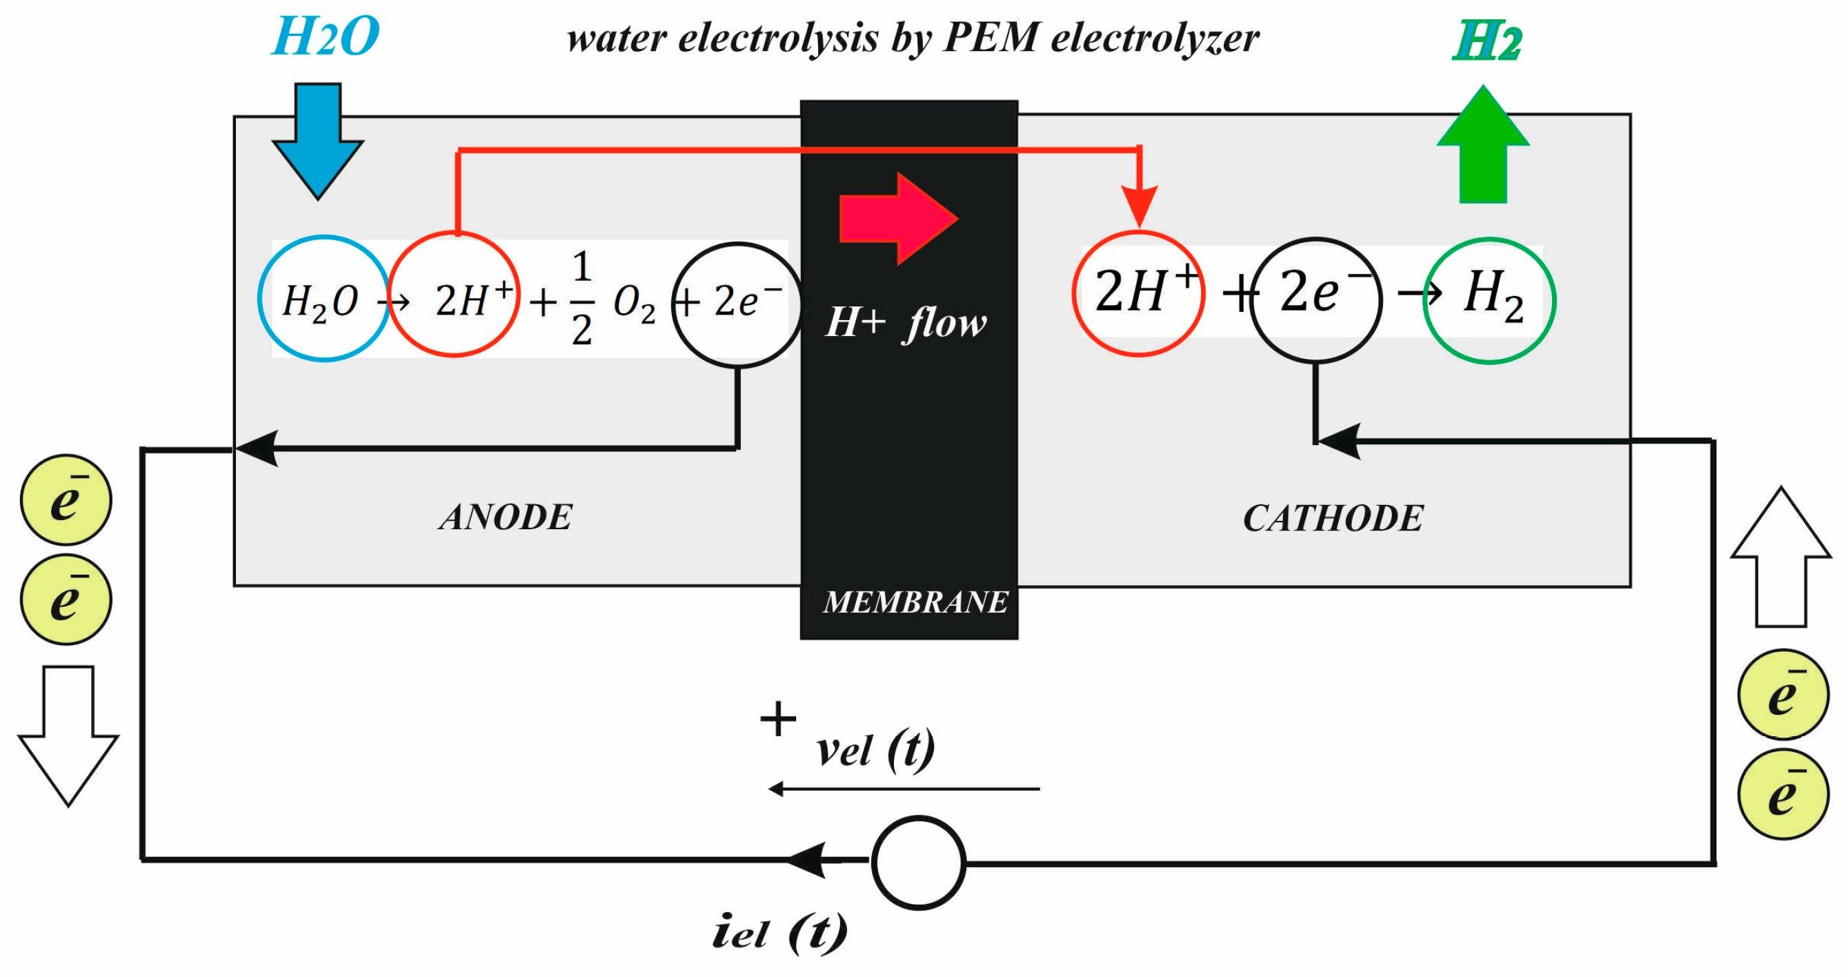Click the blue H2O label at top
[326, 37]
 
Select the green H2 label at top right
[1487, 41]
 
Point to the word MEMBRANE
[915, 602]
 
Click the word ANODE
[506, 517]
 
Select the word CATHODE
[1333, 518]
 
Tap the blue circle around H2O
[324, 298]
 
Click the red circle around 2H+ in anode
[454, 294]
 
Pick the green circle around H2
[1489, 301]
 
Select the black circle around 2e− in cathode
[1315, 300]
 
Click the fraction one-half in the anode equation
[582, 298]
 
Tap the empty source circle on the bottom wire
[918, 863]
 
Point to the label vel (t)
[875, 750]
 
